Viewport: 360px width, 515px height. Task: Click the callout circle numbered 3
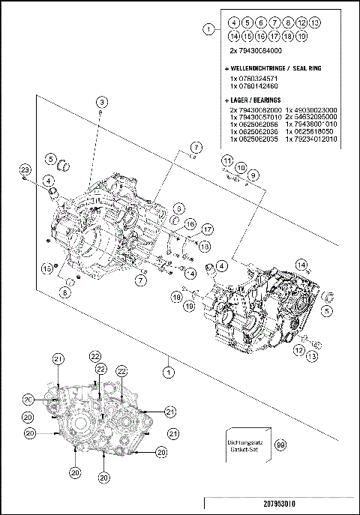point(100,101)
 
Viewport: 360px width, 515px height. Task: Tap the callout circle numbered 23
point(25,170)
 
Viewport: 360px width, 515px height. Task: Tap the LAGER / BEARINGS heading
point(254,99)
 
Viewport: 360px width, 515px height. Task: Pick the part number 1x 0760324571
point(253,78)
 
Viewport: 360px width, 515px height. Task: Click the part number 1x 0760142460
point(253,86)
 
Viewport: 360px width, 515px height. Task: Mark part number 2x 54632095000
point(309,118)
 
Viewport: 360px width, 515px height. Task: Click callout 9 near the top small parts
point(253,175)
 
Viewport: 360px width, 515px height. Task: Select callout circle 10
point(240,167)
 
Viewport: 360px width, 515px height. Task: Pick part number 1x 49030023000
point(309,110)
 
